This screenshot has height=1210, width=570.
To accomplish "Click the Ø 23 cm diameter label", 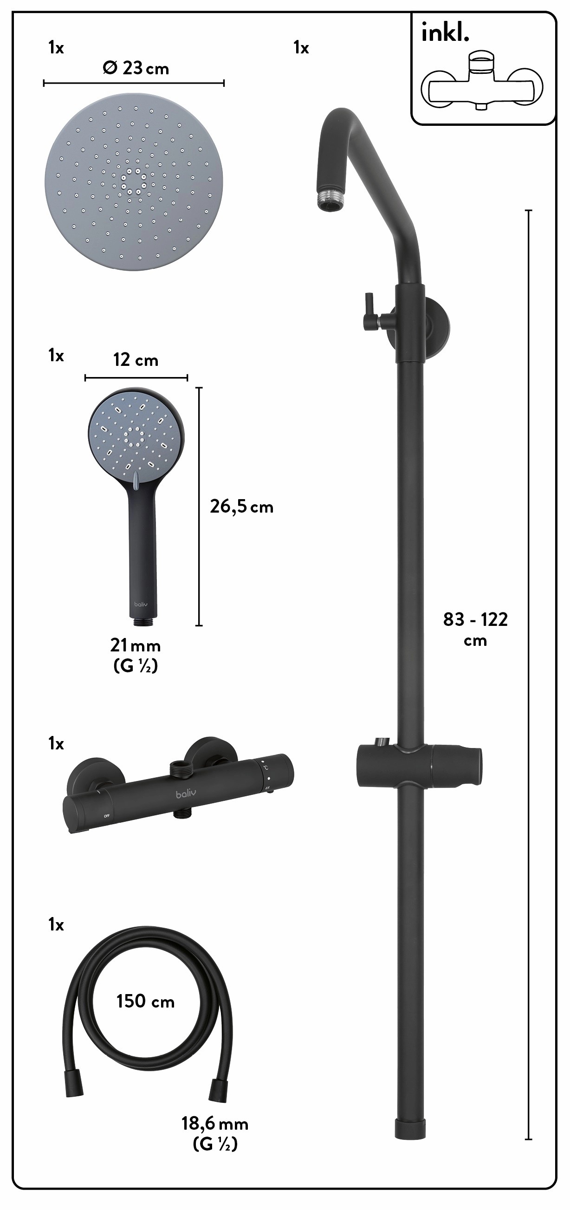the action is tap(135, 69).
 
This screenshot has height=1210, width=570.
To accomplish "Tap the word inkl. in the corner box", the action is tap(445, 33).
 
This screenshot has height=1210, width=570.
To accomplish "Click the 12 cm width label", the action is tap(136, 360).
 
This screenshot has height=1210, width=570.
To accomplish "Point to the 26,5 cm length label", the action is tap(241, 507).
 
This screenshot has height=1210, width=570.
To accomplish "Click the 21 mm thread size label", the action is tap(136, 646).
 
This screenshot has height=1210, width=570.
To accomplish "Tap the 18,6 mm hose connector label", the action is tap(215, 1124).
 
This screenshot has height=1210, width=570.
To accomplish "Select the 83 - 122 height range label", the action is tap(476, 619).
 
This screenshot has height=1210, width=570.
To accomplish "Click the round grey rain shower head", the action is tap(134, 182).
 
